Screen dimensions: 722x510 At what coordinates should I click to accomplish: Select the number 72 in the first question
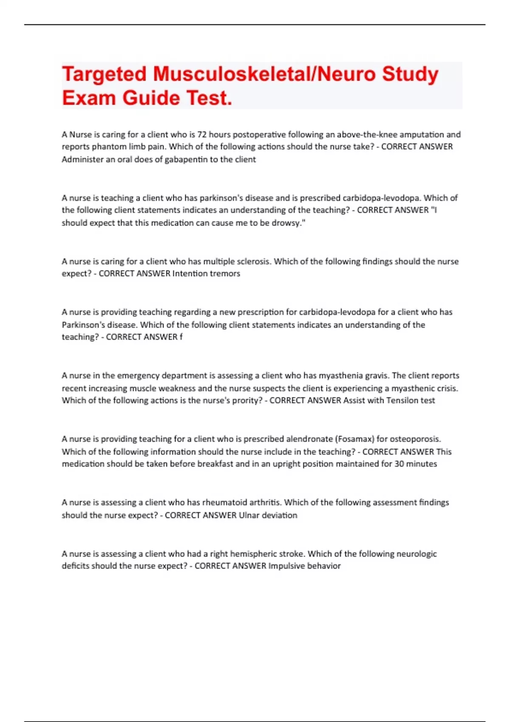click(202, 135)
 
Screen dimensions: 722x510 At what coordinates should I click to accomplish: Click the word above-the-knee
click(366, 135)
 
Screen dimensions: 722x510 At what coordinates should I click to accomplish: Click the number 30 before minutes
click(399, 464)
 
